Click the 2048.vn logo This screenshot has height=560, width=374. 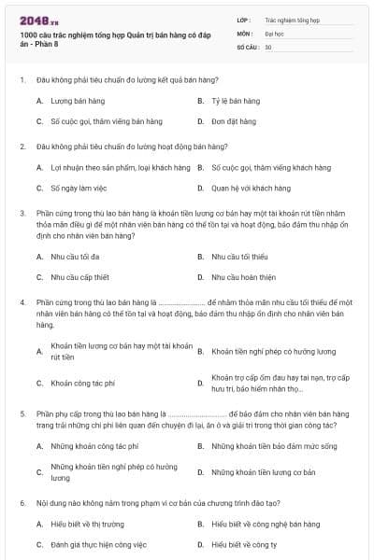(36, 18)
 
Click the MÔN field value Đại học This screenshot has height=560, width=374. (274, 33)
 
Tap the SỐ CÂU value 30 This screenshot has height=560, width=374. (268, 46)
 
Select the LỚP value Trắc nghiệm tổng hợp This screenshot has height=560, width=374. (292, 19)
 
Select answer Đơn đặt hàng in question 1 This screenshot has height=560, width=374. (234, 121)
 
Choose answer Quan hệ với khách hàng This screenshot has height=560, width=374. (244, 189)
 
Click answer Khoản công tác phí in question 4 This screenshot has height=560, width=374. (82, 383)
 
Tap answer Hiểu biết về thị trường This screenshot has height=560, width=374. (87, 525)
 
